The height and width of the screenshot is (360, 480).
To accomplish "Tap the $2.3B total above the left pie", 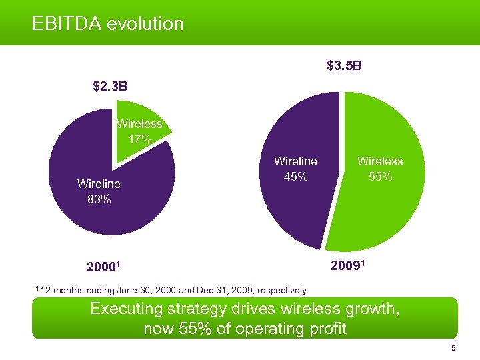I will pyautogui.click(x=111, y=86).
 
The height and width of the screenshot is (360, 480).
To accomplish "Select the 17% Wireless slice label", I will pyautogui.click(x=140, y=140).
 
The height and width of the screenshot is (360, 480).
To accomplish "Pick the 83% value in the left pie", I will pyautogui.click(x=99, y=199).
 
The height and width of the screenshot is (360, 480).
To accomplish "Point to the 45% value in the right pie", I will pyautogui.click(x=295, y=177).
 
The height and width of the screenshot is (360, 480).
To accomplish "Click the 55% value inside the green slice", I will pyautogui.click(x=380, y=177).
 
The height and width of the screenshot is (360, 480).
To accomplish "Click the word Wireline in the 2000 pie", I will pyautogui.click(x=99, y=183).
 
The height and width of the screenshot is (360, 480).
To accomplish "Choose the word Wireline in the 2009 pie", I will pyautogui.click(x=295, y=161).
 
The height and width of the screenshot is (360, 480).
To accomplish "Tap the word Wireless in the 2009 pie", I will pyautogui.click(x=380, y=161).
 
